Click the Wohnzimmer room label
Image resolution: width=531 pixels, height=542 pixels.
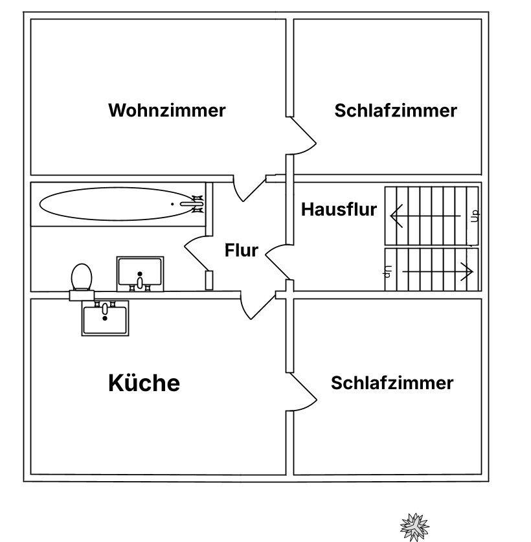pos(167,110)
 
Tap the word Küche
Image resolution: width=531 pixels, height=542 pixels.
pos(144,383)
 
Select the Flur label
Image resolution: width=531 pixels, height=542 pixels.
pos(242,250)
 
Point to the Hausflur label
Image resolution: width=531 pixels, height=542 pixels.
pos(339,209)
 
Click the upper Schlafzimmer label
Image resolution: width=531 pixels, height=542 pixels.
pos(396,111)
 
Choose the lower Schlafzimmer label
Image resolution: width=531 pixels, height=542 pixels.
pos(392,383)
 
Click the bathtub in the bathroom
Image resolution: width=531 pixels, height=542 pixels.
pos(118,204)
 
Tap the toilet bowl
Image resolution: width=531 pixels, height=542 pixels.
pos(82,277)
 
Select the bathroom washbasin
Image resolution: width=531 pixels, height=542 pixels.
pos(140,274)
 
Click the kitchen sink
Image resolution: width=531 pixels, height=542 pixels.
pos(105,318)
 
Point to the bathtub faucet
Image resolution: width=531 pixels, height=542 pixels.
pos(192,204)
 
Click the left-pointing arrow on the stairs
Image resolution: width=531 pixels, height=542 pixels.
pos(425,216)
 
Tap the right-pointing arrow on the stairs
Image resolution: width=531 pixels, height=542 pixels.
pos(438,271)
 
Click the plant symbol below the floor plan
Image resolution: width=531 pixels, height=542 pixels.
pos(414,527)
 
